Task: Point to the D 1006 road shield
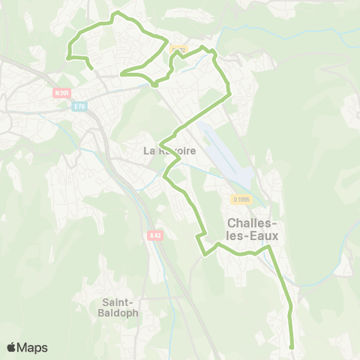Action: pos(241,199)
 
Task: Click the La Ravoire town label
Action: pos(169,151)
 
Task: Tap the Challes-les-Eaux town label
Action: pos(253,229)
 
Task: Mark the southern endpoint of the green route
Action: pos(291,346)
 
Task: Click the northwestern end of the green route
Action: pos(91,69)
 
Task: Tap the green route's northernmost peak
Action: pos(115,13)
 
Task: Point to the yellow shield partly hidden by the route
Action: pos(178,49)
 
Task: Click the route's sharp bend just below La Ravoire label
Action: pos(165,177)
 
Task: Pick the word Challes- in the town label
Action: pos(253,223)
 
